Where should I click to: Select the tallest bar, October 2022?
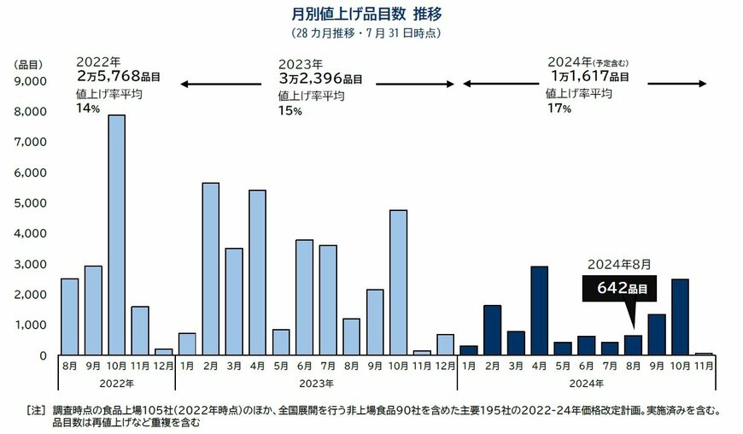(117, 235)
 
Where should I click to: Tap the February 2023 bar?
(210, 269)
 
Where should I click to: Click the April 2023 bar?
(257, 273)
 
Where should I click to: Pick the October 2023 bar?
(398, 283)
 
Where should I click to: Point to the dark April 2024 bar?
(538, 311)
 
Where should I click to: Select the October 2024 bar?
(679, 317)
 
